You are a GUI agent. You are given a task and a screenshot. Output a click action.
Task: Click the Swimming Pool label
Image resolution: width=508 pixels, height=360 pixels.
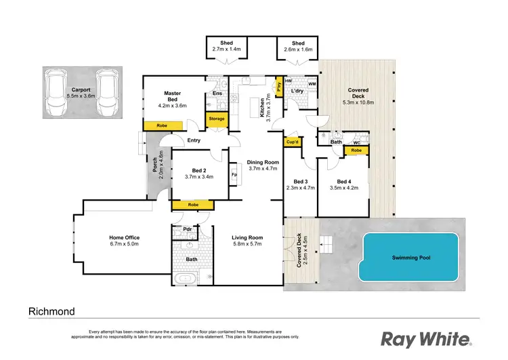[411, 258]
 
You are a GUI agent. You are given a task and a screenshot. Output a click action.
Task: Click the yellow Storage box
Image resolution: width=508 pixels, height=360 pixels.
[217, 119]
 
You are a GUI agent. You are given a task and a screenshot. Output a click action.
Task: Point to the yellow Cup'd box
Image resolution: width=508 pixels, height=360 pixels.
[293, 142]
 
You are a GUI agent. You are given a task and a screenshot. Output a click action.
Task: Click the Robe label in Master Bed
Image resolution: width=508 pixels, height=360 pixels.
[163, 125]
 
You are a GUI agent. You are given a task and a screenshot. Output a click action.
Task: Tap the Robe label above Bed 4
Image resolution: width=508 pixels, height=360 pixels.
[356, 151]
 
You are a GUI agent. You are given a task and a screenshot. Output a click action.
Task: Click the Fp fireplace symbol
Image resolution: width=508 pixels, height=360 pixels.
[234, 174]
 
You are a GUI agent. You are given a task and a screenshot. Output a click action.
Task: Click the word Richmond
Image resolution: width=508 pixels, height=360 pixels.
[51, 312]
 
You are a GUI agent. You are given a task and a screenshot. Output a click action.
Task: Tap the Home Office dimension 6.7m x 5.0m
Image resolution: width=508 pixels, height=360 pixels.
[124, 245]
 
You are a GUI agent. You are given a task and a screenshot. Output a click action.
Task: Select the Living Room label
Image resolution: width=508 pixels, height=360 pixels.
[247, 237]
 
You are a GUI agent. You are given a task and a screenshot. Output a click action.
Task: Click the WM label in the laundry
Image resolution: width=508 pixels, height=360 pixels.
[312, 85]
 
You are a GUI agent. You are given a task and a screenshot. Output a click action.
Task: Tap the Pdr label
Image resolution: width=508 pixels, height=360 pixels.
[186, 229]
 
